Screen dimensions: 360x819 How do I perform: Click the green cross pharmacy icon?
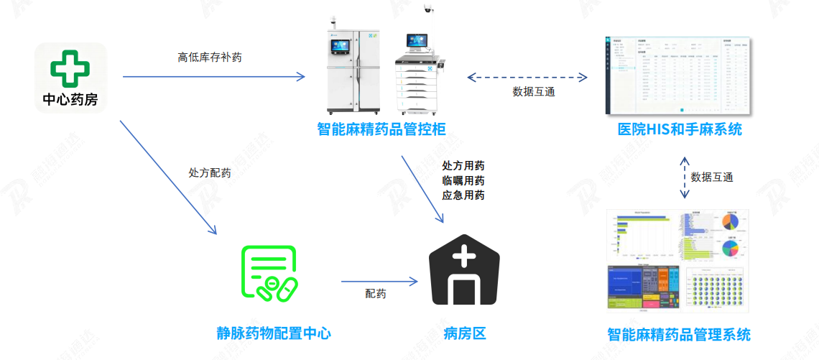[x=70, y=68]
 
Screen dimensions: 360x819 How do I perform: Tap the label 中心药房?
[x=70, y=100]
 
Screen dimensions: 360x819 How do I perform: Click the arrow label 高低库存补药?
[x=210, y=57]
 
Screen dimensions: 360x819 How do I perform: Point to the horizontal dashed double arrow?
[x=527, y=75]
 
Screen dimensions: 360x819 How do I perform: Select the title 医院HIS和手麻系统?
[x=680, y=129]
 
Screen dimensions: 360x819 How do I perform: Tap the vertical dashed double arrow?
[x=684, y=177]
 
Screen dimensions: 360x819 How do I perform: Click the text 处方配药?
[x=210, y=173]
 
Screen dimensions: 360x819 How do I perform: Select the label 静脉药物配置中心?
[x=274, y=333]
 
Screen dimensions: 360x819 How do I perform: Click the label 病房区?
[x=465, y=333]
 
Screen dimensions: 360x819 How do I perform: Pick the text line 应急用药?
[x=463, y=195]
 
